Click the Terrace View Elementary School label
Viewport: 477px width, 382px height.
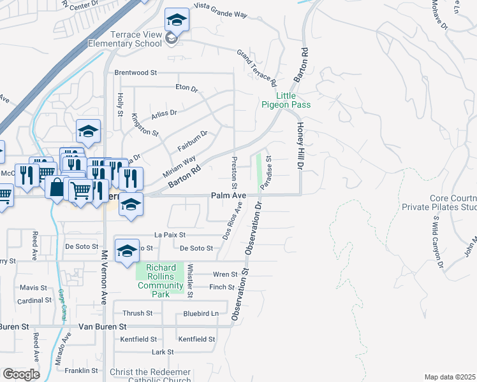click(x=125, y=39)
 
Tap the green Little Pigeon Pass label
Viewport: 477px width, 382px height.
click(x=285, y=100)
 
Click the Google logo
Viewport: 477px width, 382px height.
click(x=21, y=374)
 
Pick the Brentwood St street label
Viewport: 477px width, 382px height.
click(x=135, y=73)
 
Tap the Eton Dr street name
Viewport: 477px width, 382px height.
click(x=187, y=87)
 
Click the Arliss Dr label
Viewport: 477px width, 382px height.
click(x=164, y=113)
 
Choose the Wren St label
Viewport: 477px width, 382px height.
click(x=225, y=274)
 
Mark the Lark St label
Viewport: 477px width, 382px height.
click(x=163, y=351)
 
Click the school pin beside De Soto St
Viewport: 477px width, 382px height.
click(x=127, y=251)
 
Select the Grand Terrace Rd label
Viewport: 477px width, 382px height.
click(x=257, y=69)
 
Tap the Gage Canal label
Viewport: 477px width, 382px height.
click(x=63, y=299)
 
